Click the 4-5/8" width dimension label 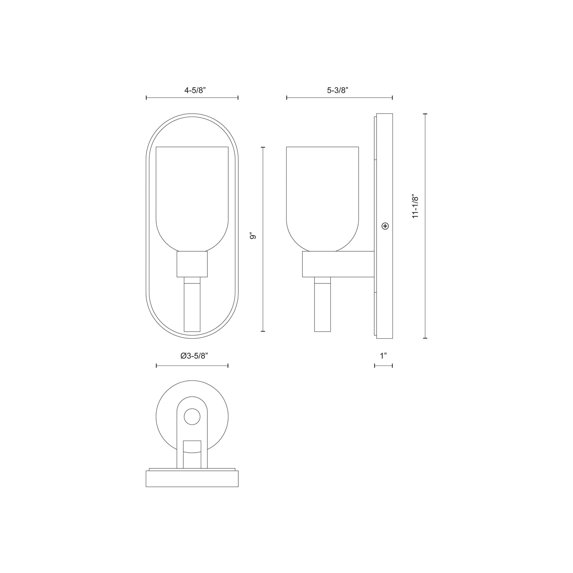[195, 90]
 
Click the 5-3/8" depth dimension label [337, 90]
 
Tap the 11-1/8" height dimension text [415, 207]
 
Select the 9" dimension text [253, 236]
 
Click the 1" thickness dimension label [383, 356]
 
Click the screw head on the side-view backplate [385, 226]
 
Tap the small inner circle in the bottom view [192, 417]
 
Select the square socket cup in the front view [192, 264]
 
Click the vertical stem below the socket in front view [192, 305]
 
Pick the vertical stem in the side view [322, 305]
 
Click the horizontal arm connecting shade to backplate [338, 264]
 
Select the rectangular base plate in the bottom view [192, 479]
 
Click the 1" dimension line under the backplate [383, 366]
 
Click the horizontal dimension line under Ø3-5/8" [192, 366]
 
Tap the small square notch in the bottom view [192, 453]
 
